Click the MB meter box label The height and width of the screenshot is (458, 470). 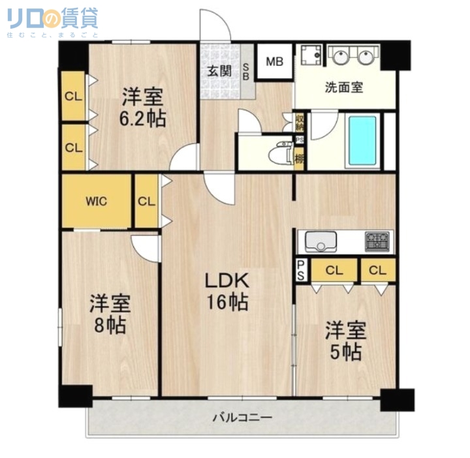tap(274, 62)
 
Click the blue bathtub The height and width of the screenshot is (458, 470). tap(362, 140)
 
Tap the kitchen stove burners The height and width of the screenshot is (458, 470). tap(377, 242)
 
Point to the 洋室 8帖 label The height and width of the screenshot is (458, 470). tap(110, 314)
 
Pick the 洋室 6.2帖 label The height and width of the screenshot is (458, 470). tap(142, 108)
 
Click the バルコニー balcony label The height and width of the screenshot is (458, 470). tap(242, 418)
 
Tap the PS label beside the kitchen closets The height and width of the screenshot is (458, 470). tap(300, 269)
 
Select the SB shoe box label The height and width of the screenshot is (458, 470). tap(247, 71)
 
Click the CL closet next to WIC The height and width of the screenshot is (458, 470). tap(146, 201)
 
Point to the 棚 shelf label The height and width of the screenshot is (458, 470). tap(299, 158)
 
